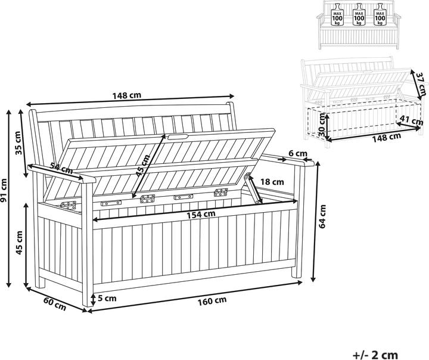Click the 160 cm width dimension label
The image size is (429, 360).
(x=212, y=300)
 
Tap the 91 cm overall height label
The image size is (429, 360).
(x=4, y=190)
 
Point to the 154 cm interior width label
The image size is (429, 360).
(x=201, y=215)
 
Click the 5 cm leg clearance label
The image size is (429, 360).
(x=107, y=298)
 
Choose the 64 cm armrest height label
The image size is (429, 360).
(x=322, y=216)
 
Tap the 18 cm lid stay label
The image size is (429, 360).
(x=272, y=182)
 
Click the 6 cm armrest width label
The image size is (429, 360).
(x=298, y=154)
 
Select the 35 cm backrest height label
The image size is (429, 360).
(x=18, y=143)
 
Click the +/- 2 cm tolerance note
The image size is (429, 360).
(x=375, y=355)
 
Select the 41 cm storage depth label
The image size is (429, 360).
(x=412, y=120)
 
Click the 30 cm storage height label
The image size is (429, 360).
(x=322, y=125)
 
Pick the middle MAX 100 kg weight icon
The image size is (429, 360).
(x=359, y=14)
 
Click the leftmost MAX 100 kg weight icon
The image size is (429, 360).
(x=337, y=14)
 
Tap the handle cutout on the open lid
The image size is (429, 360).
(x=178, y=136)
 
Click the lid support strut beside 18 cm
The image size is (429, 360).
(x=253, y=188)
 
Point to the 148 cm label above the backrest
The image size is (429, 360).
(x=127, y=95)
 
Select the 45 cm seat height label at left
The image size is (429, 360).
(x=19, y=243)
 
